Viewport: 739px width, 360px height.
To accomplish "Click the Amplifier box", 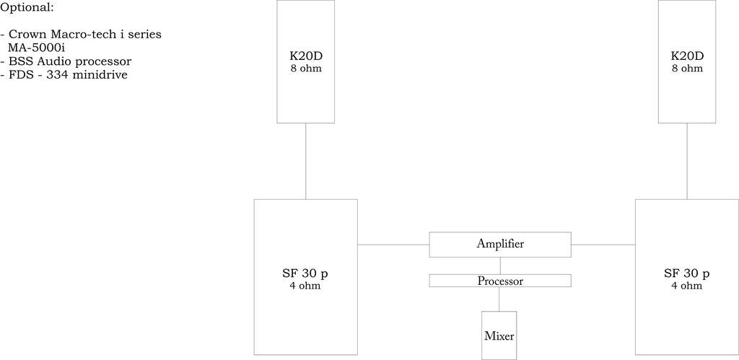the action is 500,245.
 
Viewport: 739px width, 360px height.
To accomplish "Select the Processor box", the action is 500,281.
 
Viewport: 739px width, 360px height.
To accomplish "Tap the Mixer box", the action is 499,335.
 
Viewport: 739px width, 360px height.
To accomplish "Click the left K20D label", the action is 305,56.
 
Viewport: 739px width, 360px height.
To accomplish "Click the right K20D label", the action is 687,56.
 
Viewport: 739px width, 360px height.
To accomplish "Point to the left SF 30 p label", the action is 305,273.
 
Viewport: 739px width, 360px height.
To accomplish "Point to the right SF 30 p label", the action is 687,273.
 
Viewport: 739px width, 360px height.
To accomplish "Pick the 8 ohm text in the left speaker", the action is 305,69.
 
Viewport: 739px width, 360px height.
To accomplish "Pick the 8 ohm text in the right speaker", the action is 687,69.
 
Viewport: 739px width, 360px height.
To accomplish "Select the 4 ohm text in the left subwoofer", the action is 305,286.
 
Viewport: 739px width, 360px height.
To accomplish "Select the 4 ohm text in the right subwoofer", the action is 687,286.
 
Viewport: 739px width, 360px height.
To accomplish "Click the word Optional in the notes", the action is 27,8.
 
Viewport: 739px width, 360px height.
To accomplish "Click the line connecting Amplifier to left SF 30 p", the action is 393,245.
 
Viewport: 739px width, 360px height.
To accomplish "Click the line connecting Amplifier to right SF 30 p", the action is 603,245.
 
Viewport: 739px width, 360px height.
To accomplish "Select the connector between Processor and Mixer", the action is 499,299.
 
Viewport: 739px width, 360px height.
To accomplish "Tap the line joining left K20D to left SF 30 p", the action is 305,161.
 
